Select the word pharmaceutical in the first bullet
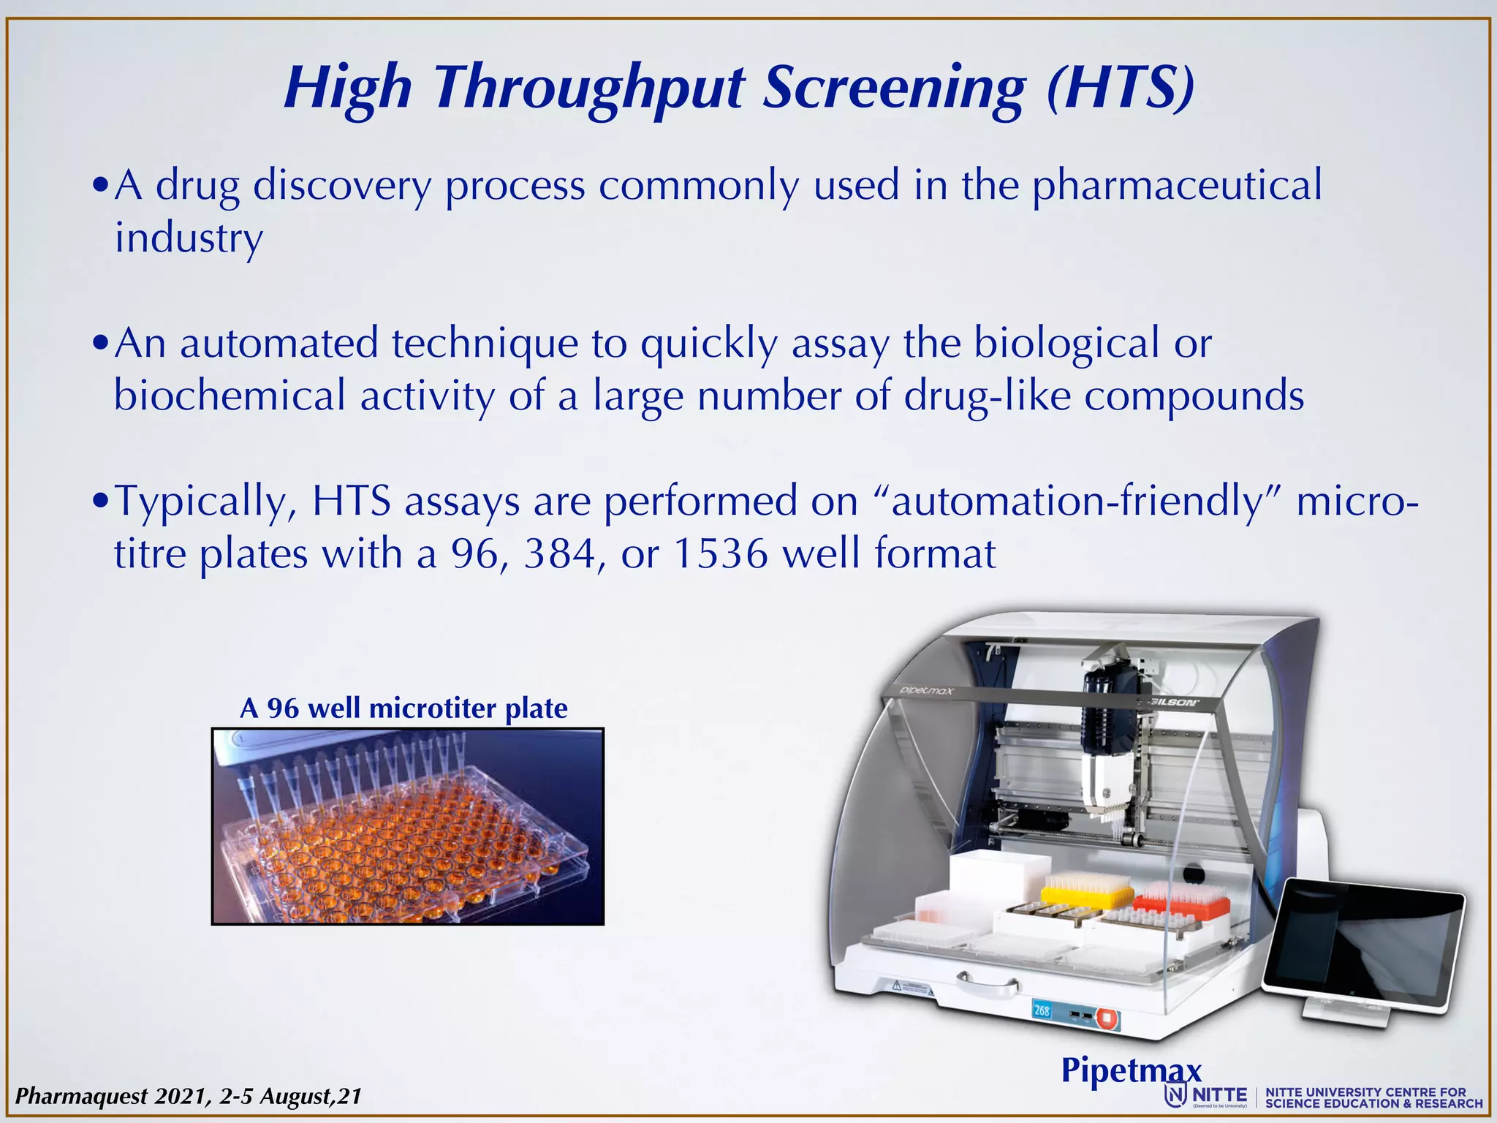(x=1177, y=186)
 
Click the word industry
(x=189, y=239)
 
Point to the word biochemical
(x=230, y=396)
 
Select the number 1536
(x=720, y=554)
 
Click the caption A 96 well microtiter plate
(x=403, y=708)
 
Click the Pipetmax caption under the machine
(x=1131, y=1070)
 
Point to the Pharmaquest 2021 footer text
(x=188, y=1096)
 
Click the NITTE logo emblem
(x=1175, y=1095)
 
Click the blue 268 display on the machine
(x=1042, y=1010)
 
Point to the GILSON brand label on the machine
(x=1173, y=703)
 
